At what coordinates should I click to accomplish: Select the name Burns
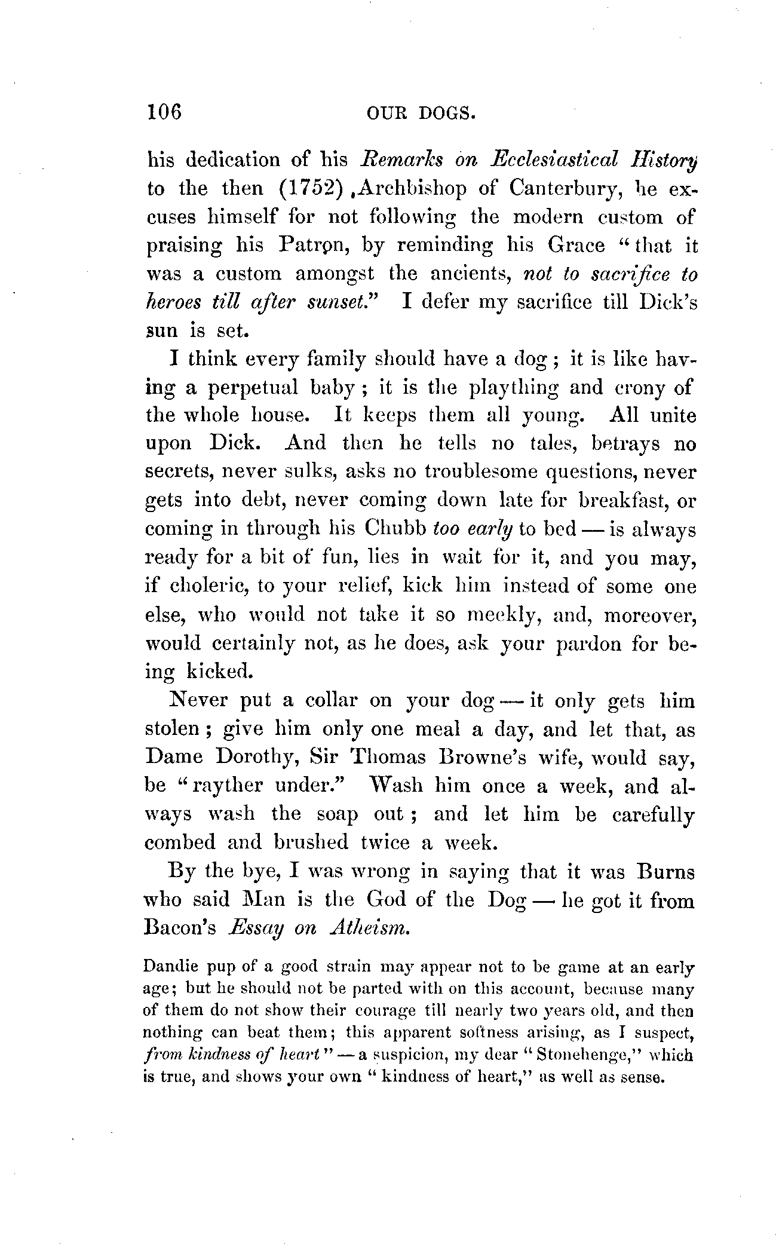(666, 872)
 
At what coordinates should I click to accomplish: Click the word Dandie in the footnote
(170, 967)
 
